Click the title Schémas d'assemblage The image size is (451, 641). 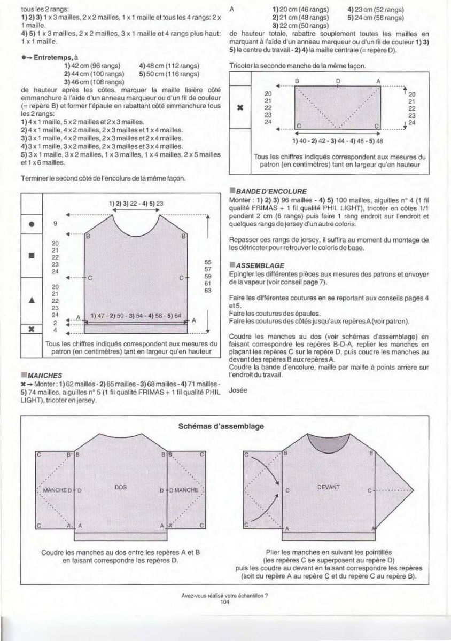click(225, 426)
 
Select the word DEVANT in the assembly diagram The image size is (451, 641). click(328, 487)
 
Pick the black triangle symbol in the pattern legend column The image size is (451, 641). click(32, 300)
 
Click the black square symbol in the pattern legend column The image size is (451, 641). click(32, 255)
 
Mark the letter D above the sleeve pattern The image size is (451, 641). click(338, 81)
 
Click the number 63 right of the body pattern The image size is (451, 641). click(208, 290)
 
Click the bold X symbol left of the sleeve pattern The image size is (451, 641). click(240, 107)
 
